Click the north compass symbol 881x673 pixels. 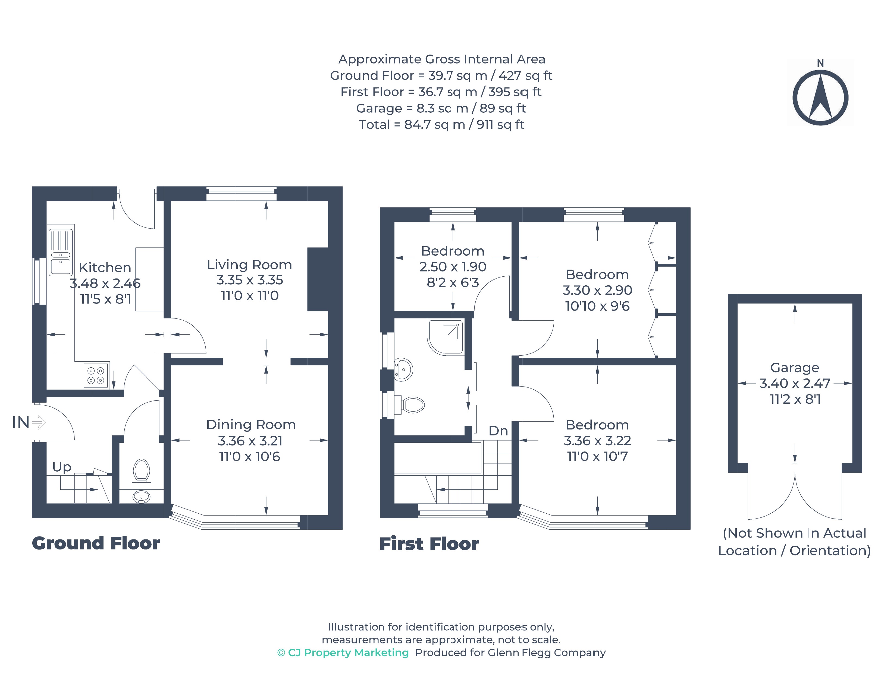coord(820,97)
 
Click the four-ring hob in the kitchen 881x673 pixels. coord(96,375)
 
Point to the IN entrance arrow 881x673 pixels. coord(39,422)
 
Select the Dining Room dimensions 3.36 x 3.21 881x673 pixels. coord(250,441)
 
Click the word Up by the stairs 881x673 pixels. coord(62,467)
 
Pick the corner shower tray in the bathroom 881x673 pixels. coord(446,337)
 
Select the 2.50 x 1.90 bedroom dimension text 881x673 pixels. coord(453,267)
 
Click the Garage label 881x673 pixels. coord(795,368)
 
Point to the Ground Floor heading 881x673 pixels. coord(96,544)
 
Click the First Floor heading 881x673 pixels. coord(429,544)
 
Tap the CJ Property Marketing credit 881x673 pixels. coord(343,653)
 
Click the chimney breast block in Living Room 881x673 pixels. coord(318,279)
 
